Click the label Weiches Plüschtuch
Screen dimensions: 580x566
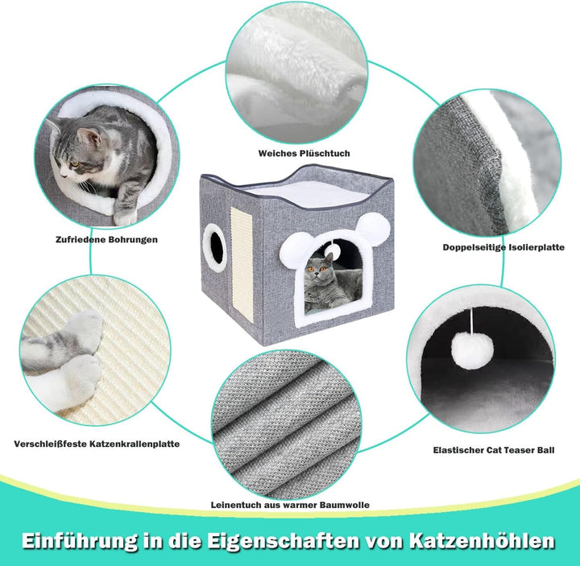(x=304, y=154)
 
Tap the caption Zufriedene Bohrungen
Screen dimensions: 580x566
(x=106, y=240)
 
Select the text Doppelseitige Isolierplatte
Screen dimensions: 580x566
(x=503, y=247)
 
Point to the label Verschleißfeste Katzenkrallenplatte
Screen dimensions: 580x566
(x=97, y=444)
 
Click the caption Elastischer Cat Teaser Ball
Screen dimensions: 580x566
(x=494, y=450)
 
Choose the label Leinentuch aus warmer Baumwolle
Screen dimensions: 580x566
(x=290, y=505)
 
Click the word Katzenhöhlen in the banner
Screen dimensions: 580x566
(x=482, y=541)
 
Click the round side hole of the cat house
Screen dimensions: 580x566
(x=214, y=248)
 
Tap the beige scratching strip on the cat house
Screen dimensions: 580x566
(x=242, y=264)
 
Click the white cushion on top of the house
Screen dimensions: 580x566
(x=304, y=194)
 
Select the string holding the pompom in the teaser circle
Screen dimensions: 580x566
(x=472, y=320)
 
